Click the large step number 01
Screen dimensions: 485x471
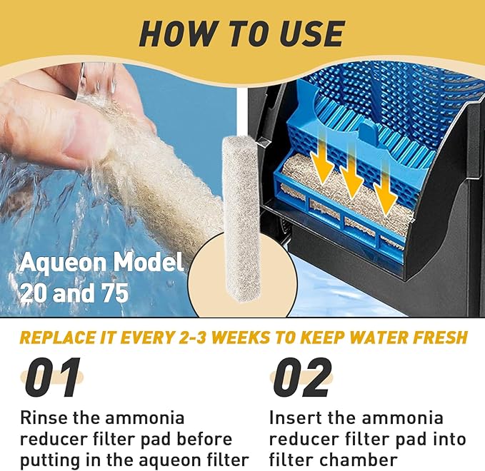coord(52,378)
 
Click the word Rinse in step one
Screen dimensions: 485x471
coord(44,418)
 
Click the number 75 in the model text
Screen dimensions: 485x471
coord(115,293)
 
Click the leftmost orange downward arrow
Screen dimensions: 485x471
coord(322,160)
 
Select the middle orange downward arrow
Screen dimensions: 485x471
coord(351,171)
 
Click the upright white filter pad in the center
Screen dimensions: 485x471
coord(241,218)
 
